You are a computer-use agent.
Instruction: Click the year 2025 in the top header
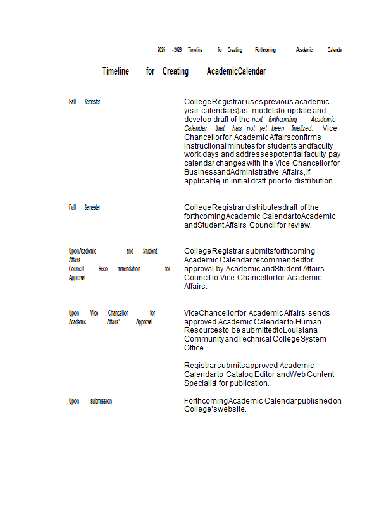tap(161, 49)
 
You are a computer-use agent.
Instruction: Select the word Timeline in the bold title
tap(115, 71)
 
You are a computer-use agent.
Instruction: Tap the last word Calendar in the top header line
tap(335, 49)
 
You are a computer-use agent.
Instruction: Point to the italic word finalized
tap(301, 128)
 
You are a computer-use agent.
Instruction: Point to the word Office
tap(194, 348)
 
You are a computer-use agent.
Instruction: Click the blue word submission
tap(101, 401)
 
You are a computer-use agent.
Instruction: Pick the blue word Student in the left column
tap(150, 251)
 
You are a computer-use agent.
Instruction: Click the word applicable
tap(202, 181)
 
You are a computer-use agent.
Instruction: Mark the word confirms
tap(306, 137)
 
